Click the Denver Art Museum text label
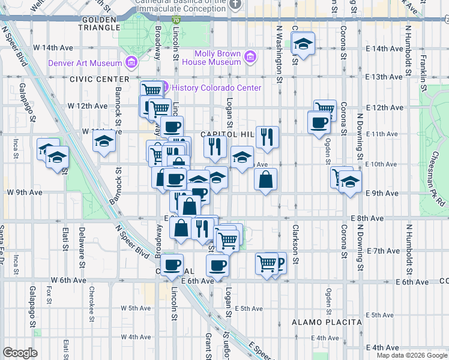(86, 62)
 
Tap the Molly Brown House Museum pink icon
(251, 57)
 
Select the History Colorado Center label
(216, 88)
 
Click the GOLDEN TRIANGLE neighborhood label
(99, 27)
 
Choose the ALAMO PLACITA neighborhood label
(327, 322)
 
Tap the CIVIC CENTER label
(99, 79)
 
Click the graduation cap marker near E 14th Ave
(303, 44)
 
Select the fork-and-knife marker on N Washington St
(267, 137)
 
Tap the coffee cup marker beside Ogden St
(318, 122)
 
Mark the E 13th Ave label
(384, 77)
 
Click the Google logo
(20, 353)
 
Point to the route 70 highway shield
(175, 20)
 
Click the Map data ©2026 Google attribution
(412, 355)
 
